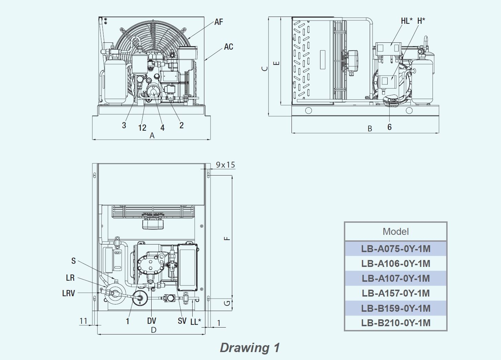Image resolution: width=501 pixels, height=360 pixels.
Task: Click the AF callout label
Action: coord(218,22)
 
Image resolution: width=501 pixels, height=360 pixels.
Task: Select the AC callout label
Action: coord(228,47)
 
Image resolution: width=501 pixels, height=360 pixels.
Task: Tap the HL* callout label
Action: coord(407,21)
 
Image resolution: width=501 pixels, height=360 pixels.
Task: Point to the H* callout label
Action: coord(421,21)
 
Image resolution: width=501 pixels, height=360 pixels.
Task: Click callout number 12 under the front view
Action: coord(142,128)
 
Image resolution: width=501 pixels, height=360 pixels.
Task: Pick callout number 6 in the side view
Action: coord(389,127)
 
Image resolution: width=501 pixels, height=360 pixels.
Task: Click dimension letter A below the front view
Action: coord(152,136)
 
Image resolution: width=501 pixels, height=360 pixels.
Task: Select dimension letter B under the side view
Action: coord(370,129)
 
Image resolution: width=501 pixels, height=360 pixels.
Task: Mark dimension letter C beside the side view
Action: coord(265,69)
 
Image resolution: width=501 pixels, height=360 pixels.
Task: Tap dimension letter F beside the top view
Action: coord(227,239)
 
